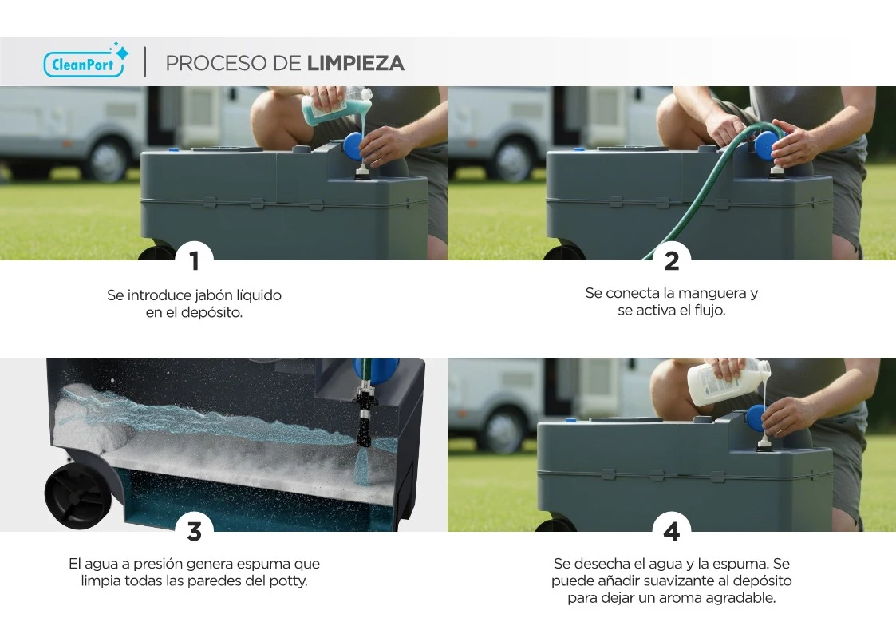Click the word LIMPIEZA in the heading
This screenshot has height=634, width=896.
pos(355,63)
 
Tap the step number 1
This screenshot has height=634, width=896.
pos(195,260)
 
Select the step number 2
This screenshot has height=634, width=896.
pos(672,260)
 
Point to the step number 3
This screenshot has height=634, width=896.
pos(195,532)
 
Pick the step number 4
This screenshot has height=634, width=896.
pos(672,532)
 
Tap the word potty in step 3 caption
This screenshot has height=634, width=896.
pos(287,581)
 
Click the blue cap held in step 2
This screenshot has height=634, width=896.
pos(768,146)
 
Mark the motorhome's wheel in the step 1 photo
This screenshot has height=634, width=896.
pos(108,158)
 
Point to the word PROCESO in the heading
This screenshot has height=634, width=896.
pos(218,63)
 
